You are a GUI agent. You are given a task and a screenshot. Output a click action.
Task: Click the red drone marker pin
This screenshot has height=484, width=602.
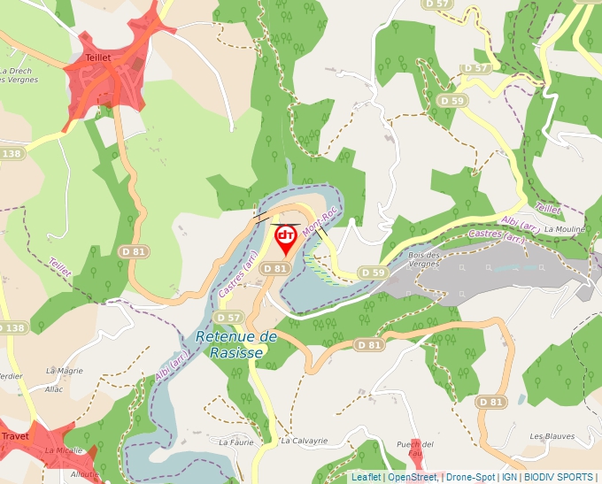286,238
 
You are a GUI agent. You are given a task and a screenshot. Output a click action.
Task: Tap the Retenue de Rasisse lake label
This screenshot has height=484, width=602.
235,344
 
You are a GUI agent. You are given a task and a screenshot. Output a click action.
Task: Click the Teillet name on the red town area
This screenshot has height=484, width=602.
97,58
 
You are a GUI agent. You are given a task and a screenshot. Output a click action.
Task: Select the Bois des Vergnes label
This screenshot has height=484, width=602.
424,259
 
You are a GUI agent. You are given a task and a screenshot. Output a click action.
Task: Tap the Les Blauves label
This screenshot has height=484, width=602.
552,436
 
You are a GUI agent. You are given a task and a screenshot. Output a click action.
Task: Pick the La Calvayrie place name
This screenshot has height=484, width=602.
305,440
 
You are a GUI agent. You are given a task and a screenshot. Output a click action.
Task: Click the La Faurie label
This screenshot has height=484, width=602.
236,441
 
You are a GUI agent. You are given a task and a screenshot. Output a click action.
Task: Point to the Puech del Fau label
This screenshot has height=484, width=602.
414,448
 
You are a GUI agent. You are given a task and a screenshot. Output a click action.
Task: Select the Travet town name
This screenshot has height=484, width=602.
15,436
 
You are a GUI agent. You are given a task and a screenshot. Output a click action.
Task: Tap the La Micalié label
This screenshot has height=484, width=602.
64,450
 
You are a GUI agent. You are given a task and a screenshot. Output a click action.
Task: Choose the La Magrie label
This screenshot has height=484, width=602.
64,371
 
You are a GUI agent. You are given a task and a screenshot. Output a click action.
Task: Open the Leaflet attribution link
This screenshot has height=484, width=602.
366,477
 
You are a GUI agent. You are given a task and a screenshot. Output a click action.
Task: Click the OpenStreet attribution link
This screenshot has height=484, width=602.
412,477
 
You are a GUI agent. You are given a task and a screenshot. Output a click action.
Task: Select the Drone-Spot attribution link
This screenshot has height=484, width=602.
470,477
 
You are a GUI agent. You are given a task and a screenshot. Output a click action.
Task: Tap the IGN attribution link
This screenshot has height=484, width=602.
509,477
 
